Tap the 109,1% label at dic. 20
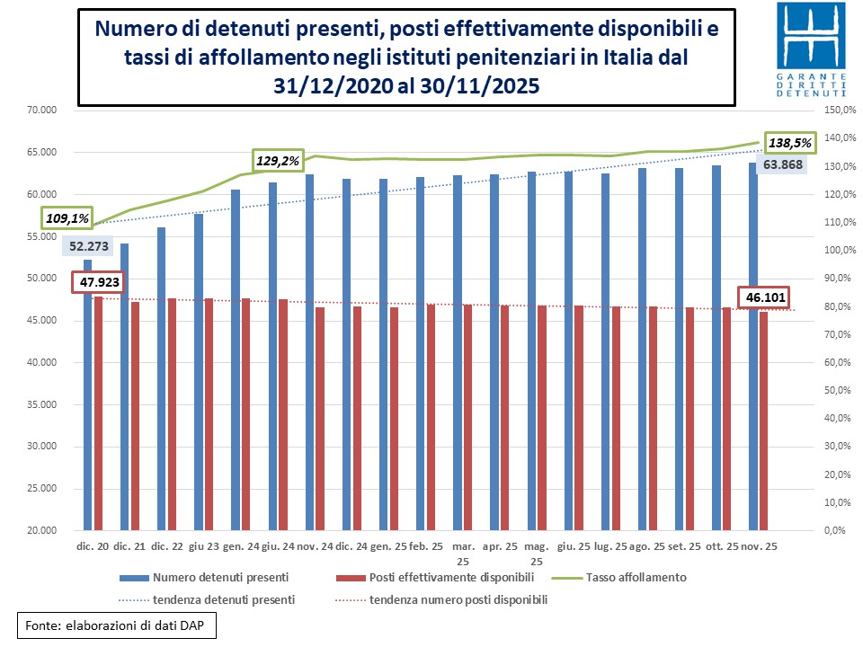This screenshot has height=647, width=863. pos(67,217)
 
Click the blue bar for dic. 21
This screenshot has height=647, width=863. pos(124,386)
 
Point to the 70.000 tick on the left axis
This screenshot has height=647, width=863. pos(40,110)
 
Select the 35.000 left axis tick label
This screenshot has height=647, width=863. pos(40,404)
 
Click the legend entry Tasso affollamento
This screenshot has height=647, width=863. pos(638,577)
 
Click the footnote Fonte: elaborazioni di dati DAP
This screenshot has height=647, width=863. pos(117,624)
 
